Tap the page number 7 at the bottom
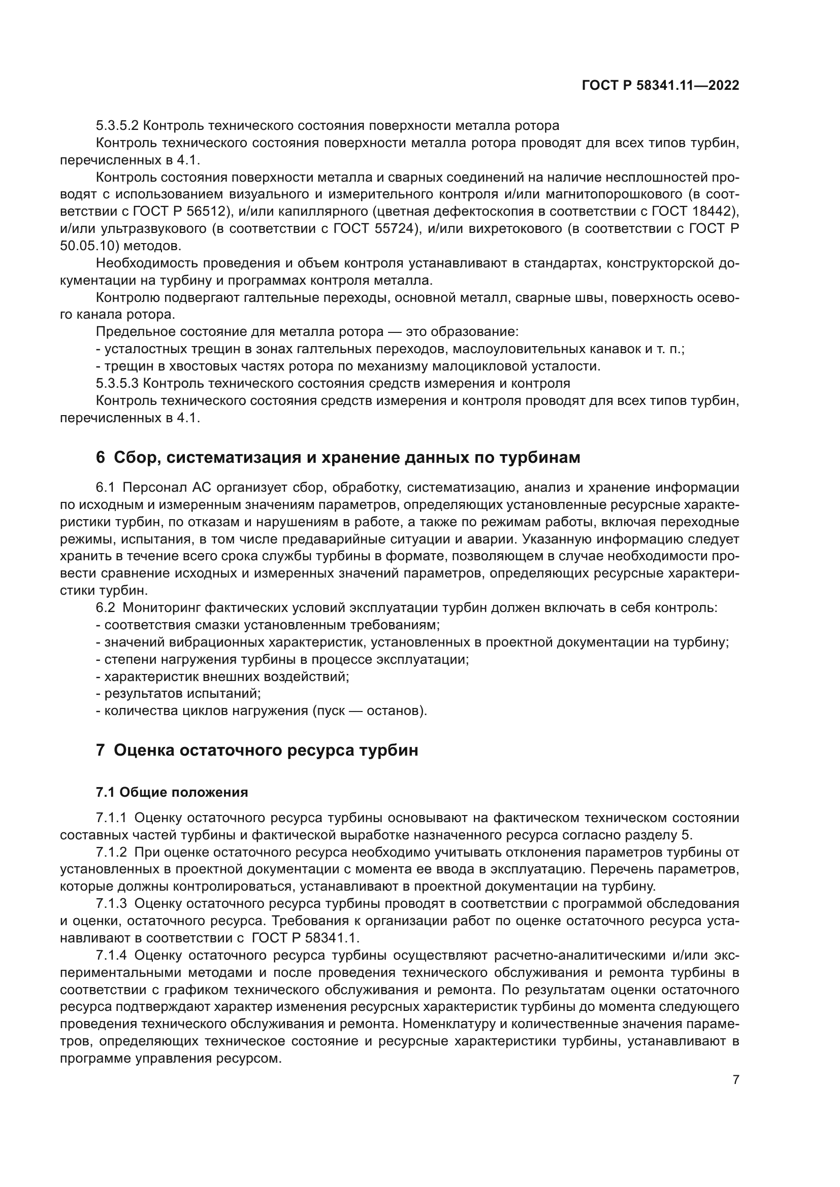click(735, 1080)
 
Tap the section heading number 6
click(101, 458)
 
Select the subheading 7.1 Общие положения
click(172, 793)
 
